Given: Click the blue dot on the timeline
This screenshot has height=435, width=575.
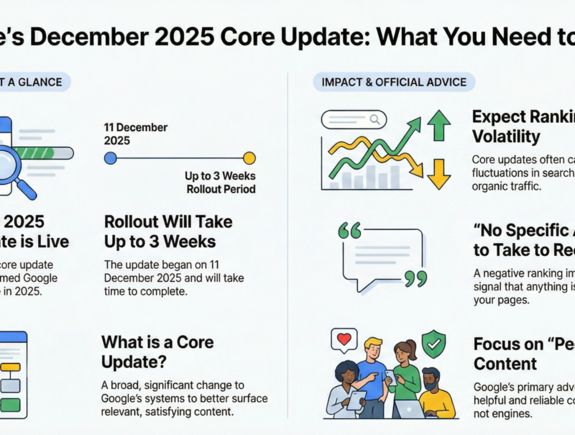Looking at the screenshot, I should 111,158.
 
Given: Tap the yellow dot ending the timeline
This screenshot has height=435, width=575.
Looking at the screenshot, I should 249,158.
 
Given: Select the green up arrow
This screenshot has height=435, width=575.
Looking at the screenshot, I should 438,126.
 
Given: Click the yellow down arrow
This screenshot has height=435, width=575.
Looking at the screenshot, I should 438,172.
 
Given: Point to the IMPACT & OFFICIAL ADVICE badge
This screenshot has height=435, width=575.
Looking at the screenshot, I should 390,82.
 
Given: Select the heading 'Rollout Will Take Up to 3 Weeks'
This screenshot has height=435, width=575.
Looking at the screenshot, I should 168,231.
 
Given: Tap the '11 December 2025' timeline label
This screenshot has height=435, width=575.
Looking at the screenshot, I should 136,134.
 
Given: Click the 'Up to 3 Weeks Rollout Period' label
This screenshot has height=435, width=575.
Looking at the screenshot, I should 221,183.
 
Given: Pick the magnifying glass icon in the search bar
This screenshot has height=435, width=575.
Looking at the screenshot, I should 375,119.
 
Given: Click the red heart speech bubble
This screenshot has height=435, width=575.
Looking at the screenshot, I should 343,339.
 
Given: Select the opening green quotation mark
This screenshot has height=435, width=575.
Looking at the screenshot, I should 349,231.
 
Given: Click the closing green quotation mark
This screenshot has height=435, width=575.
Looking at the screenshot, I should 415,278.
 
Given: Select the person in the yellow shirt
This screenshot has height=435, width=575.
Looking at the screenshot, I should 435,395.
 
